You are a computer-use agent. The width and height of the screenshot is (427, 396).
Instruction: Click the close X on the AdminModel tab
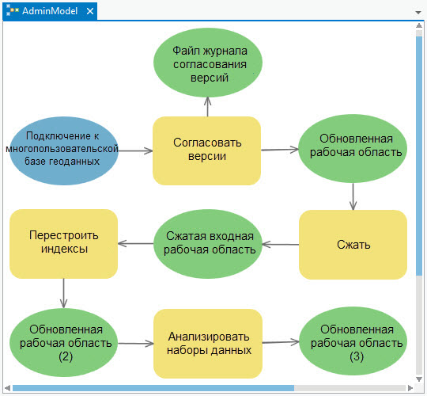(90, 11)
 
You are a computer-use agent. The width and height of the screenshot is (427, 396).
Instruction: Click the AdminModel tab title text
(50, 11)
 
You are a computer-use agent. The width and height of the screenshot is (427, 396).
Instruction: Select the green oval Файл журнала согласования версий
(208, 63)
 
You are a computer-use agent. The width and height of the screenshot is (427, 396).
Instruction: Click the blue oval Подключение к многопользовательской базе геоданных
(64, 150)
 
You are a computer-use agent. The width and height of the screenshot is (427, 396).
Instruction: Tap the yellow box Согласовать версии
(207, 150)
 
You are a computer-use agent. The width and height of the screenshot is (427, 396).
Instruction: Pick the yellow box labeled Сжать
(353, 245)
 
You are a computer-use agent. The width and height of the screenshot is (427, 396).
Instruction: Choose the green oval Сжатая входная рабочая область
(208, 244)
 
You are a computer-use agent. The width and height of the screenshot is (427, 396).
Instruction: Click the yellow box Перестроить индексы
(64, 244)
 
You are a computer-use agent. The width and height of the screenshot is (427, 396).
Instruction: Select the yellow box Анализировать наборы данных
(208, 344)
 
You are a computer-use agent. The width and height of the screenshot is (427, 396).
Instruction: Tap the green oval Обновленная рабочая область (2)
(64, 343)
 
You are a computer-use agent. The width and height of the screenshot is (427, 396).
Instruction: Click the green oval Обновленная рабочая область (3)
(353, 341)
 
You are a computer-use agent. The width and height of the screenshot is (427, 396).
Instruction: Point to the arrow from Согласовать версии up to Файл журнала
(207, 107)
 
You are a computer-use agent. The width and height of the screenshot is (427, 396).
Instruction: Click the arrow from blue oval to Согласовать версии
(136, 150)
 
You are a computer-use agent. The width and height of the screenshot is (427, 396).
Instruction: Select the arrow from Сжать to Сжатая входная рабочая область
(281, 245)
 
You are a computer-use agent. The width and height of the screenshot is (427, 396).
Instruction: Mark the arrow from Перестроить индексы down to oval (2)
(64, 293)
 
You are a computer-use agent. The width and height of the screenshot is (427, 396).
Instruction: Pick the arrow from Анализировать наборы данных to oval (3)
(281, 342)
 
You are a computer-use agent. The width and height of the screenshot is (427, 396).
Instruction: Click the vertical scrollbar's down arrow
(419, 379)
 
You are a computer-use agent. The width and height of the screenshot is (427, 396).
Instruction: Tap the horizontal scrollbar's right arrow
(410, 388)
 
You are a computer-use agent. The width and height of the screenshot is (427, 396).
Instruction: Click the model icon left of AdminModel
(12, 11)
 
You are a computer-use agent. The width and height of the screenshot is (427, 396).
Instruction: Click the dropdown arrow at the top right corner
(418, 12)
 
